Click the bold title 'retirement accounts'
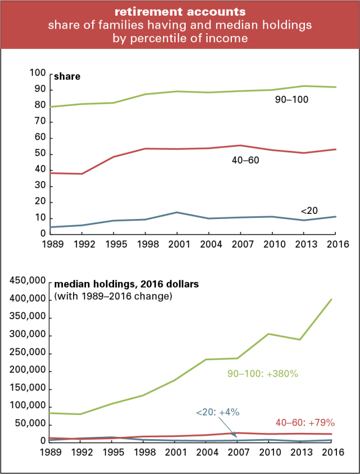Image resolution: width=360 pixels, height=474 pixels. click(x=180, y=11)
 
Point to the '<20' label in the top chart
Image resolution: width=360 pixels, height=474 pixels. click(x=309, y=211)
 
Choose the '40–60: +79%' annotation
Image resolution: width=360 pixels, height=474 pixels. click(x=305, y=422)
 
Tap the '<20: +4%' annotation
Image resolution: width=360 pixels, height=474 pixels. click(x=218, y=412)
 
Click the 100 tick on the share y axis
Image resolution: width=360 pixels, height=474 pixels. click(x=37, y=73)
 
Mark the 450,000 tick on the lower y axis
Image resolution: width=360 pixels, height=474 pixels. click(x=27, y=281)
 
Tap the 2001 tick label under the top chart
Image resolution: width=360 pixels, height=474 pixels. click(x=177, y=245)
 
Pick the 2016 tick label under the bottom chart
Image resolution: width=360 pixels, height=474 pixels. click(x=336, y=452)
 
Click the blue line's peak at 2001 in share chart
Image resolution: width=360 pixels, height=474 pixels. click(x=177, y=212)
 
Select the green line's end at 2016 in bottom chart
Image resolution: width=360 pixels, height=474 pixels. click(x=336, y=299)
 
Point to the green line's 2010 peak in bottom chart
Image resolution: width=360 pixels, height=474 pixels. click(x=272, y=334)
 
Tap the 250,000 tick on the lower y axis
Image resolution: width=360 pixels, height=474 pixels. click(x=27, y=353)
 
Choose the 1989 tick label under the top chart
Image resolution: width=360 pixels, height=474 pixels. click(x=51, y=245)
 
